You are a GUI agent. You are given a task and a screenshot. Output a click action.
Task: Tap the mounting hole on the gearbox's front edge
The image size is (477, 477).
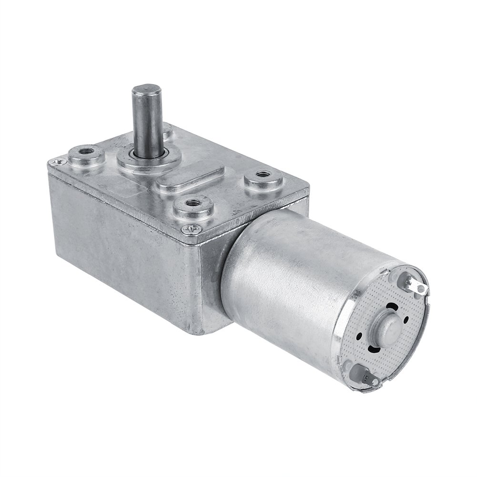193,203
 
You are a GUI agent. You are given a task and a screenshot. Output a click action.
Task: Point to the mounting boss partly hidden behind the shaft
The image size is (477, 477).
167,130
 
